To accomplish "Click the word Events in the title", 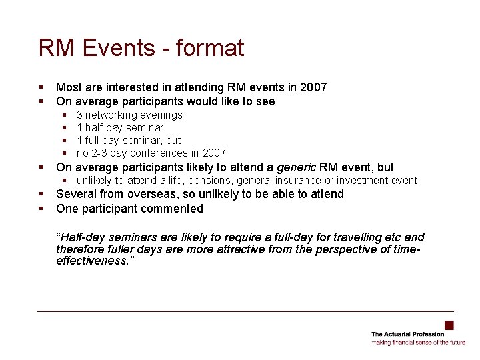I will click(x=113, y=48).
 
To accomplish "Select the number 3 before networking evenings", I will click(x=80, y=115).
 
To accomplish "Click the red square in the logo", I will click(x=449, y=325).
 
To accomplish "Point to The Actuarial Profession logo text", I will click(x=407, y=334).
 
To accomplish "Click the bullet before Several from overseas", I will click(x=41, y=194).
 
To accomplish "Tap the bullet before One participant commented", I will click(x=41, y=209).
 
